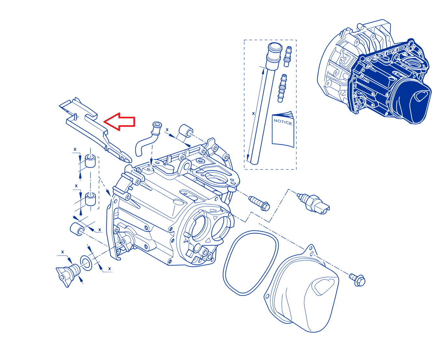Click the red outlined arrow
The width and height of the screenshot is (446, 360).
[119, 122]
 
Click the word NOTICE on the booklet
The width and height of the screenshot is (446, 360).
[283, 122]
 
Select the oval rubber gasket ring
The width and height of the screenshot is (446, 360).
[250, 263]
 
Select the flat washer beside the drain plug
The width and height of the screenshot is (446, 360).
[86, 263]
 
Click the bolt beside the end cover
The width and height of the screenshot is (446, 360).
[357, 280]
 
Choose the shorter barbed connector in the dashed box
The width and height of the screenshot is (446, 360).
[288, 57]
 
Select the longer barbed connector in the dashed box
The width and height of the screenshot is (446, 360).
[282, 88]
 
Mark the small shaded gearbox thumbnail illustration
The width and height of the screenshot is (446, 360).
[374, 72]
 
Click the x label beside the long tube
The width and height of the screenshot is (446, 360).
[253, 113]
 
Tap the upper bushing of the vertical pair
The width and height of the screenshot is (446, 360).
[90, 161]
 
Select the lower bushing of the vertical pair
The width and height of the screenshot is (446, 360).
[90, 199]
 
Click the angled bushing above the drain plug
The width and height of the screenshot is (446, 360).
[77, 229]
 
